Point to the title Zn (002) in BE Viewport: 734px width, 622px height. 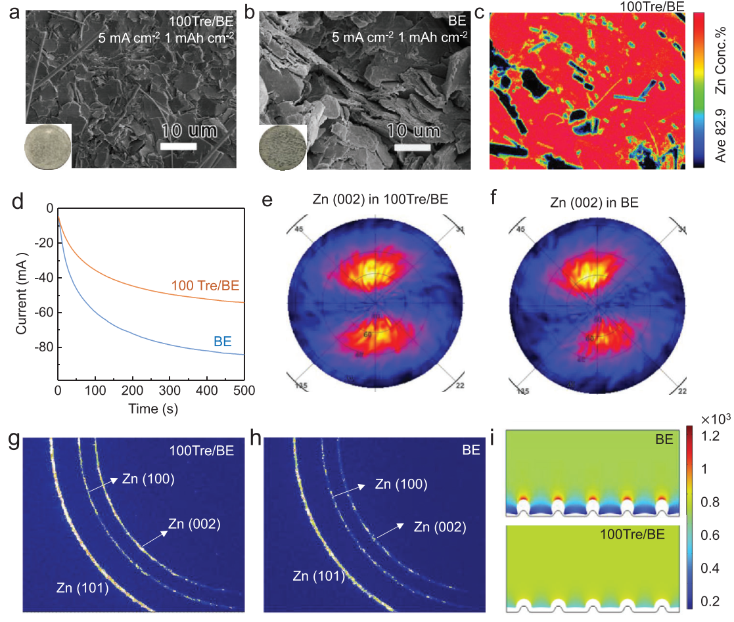click(x=589, y=201)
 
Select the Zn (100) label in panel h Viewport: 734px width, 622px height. click(x=401, y=484)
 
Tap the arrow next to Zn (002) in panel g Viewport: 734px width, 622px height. click(x=153, y=535)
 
